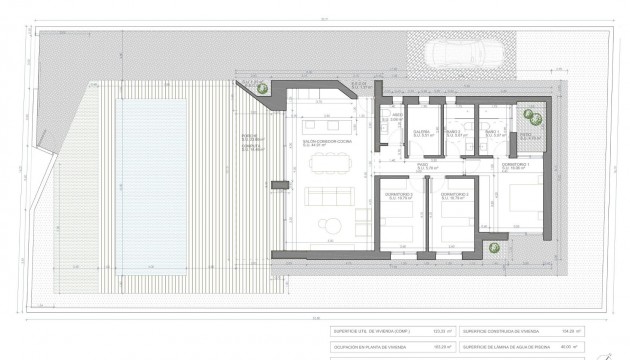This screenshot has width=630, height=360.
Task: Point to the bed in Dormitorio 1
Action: pos(523,199)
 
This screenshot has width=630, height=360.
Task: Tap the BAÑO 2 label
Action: pos(454,132)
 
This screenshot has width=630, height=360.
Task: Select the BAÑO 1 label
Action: pos(491,132)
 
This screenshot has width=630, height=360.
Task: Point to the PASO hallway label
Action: pos(423,164)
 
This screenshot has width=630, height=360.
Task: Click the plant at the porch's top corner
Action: pos(259,90)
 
